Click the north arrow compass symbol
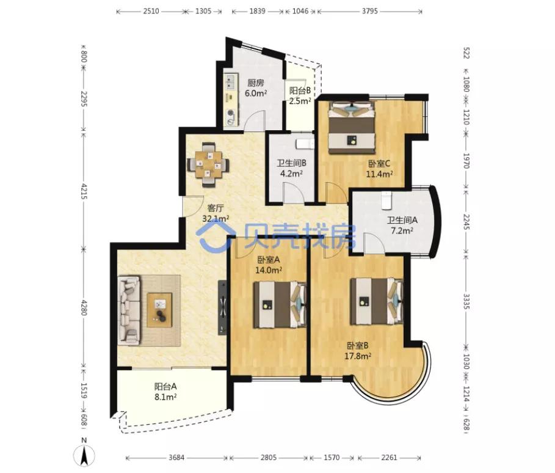pyautogui.click(x=84, y=455)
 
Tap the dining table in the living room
pyautogui.click(x=208, y=164)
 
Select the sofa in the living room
pyautogui.click(x=129, y=310)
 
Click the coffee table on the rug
pyautogui.click(x=159, y=310)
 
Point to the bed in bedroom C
pyautogui.click(x=351, y=127)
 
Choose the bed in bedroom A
pyautogui.click(x=280, y=304)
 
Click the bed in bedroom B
pyautogui.click(x=377, y=301)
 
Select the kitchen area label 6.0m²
pyautogui.click(x=256, y=93)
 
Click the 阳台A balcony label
pyautogui.click(x=165, y=386)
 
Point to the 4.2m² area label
pyautogui.click(x=291, y=174)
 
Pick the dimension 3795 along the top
pyautogui.click(x=369, y=11)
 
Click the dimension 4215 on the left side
pyautogui.click(x=84, y=191)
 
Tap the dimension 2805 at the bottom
pyautogui.click(x=269, y=458)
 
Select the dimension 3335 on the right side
pyautogui.click(x=466, y=301)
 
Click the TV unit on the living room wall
pyautogui.click(x=222, y=307)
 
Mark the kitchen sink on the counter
pyautogui.click(x=231, y=82)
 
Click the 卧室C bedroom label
pyautogui.click(x=379, y=164)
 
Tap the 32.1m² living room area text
pyautogui.click(x=216, y=219)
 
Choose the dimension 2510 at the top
pyautogui.click(x=151, y=11)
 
